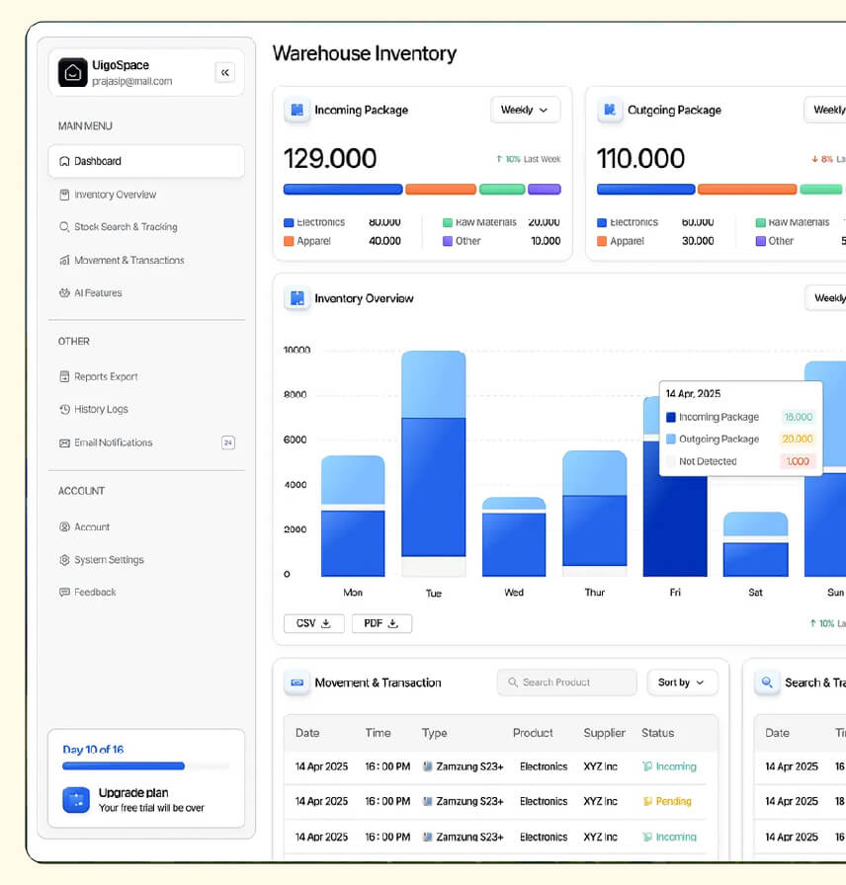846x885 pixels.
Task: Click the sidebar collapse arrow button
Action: pos(224,72)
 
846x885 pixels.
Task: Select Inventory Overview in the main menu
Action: pos(115,195)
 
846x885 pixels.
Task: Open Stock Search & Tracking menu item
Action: pos(126,227)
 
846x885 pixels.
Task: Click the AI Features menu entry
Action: pos(98,293)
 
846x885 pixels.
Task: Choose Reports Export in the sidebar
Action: pos(106,376)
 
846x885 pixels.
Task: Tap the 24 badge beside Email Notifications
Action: pos(228,442)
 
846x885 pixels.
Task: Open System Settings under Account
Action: pos(109,560)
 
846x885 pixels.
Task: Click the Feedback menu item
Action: pos(95,593)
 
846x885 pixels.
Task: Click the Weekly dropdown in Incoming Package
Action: pos(525,110)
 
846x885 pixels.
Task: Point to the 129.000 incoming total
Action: pos(330,159)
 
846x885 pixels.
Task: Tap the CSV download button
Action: pos(314,623)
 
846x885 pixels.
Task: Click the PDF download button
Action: pos(381,623)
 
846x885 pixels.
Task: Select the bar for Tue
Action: pos(433,464)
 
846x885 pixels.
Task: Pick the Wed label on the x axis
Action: pos(514,593)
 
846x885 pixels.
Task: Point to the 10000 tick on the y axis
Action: pos(296,350)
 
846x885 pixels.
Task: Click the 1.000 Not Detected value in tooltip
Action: pos(797,461)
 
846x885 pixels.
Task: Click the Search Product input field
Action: pos(567,683)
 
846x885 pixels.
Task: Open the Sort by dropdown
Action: pos(682,683)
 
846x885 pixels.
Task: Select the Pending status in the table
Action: pos(667,801)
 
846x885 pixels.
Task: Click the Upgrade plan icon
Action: pos(76,800)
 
